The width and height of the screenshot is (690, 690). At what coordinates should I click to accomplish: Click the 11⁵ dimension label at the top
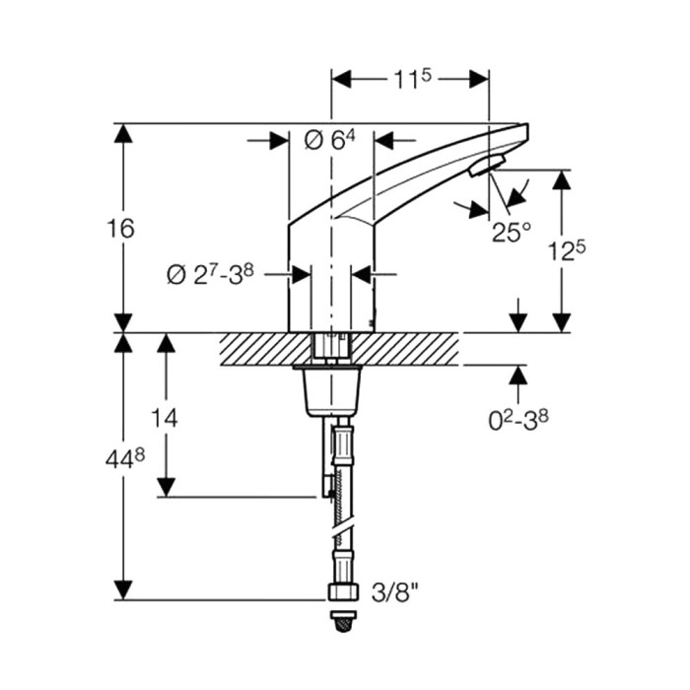[412, 80]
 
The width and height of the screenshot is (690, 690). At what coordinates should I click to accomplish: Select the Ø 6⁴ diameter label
[329, 141]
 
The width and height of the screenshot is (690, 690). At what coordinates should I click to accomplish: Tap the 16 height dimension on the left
[120, 229]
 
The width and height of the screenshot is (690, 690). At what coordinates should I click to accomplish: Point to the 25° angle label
[512, 233]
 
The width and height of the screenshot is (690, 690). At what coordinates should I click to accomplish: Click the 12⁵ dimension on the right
[567, 251]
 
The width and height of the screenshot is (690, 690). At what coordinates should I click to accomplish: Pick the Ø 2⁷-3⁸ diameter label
[210, 275]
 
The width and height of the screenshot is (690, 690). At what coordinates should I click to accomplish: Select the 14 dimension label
[165, 418]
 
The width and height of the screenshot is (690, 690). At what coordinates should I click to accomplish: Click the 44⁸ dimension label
[125, 460]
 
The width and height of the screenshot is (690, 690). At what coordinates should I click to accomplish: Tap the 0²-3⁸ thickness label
[518, 421]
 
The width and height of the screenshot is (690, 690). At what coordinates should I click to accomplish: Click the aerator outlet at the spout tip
[487, 165]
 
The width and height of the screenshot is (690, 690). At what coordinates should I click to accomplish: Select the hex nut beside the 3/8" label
[343, 591]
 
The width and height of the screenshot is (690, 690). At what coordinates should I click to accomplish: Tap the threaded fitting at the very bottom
[343, 621]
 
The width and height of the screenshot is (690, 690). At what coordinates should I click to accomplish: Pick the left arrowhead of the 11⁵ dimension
[341, 79]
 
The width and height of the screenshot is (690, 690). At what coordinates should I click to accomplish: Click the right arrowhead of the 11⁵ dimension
[479, 79]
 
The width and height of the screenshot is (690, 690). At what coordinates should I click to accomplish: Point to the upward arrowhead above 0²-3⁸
[519, 375]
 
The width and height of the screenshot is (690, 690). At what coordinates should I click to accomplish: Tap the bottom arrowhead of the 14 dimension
[167, 488]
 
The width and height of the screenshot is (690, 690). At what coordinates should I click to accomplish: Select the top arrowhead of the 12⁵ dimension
[562, 179]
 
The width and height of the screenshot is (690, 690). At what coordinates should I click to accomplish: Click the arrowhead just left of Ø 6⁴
[279, 141]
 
